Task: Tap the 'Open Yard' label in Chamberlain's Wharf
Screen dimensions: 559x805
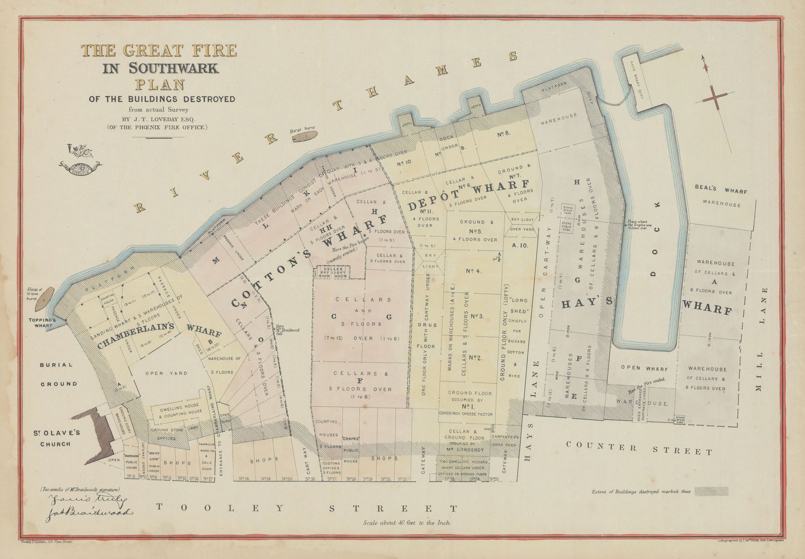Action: click(166, 374)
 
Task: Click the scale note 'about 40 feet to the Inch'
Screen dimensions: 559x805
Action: click(406, 522)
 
